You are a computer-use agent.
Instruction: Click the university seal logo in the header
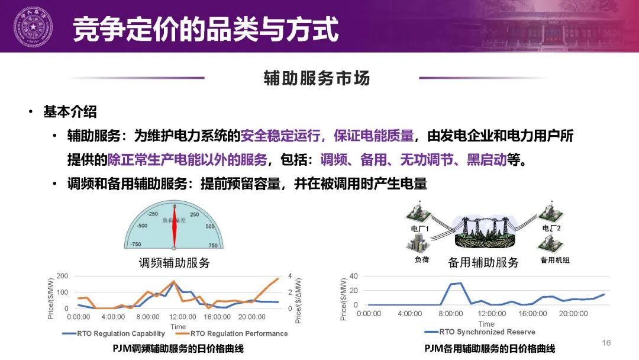[x=33, y=27]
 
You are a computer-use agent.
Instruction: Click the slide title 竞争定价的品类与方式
[x=205, y=29]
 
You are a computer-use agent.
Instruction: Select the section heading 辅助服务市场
[x=317, y=78]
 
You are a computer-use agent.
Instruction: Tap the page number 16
[x=606, y=343]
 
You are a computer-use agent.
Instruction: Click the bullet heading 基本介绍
[x=70, y=111]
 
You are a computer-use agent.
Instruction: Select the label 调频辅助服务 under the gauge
[x=174, y=262]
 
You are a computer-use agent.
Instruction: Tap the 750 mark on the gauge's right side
[x=213, y=245]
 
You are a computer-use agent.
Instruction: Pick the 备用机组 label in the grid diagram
[x=555, y=260]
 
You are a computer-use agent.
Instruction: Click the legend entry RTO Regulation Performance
[x=239, y=334]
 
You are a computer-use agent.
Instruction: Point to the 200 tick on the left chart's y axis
[x=62, y=277]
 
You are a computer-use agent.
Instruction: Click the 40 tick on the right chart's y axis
[x=354, y=277]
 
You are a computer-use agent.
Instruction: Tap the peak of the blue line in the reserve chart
[x=460, y=283]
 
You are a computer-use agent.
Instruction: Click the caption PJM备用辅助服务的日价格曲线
[x=489, y=349]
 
